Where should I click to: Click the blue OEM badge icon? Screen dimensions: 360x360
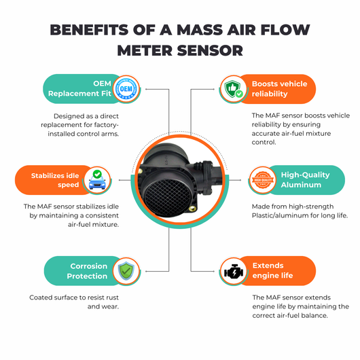tap(126, 89)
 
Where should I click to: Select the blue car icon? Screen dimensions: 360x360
tap(97, 180)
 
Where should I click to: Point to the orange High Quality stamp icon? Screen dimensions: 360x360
tap(263, 180)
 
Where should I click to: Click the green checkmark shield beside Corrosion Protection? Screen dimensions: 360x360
tap(126, 271)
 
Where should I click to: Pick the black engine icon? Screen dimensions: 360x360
tap(234, 272)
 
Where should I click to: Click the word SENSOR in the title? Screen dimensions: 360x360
tap(210, 50)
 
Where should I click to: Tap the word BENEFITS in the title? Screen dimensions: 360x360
tap(89, 30)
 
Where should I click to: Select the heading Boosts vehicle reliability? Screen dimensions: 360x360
tap(279, 89)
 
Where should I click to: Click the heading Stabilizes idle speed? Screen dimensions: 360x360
tap(55, 180)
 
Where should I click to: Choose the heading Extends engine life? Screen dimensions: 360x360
tap(272, 270)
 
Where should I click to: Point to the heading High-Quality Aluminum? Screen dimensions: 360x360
tap(305, 180)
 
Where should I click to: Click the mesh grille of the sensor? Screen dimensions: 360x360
tap(167, 197)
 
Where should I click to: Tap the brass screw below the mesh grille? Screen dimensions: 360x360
tap(192, 209)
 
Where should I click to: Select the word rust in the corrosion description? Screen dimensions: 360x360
tap(113, 298)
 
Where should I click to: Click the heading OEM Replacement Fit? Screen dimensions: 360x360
tap(79, 88)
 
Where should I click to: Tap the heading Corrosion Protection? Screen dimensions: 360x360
tap(87, 271)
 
